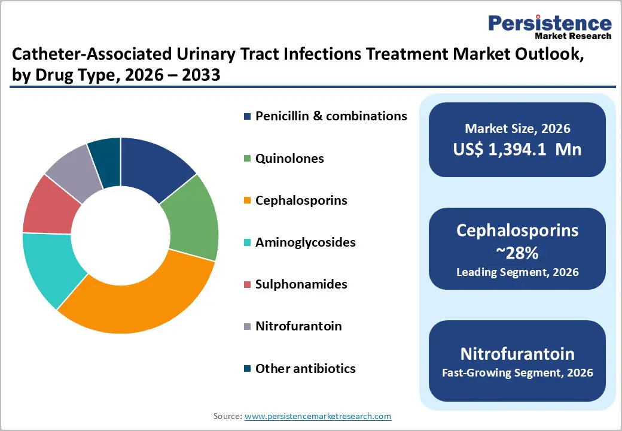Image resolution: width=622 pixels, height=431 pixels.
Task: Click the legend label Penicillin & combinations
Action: click(331, 116)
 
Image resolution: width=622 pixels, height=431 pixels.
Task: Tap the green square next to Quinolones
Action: click(247, 159)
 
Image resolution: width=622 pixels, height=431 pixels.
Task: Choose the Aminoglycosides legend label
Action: click(305, 242)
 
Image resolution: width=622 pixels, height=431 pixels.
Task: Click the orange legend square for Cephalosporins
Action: click(247, 201)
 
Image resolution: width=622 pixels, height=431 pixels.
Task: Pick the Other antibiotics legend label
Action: click(305, 369)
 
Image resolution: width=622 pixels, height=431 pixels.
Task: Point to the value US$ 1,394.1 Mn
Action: click(517, 149)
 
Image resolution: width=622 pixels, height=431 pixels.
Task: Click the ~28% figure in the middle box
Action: click(517, 253)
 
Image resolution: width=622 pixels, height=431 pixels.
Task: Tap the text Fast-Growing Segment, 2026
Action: click(517, 373)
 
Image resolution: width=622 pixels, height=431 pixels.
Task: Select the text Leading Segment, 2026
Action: click(517, 272)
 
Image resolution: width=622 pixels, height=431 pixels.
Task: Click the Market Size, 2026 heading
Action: click(517, 128)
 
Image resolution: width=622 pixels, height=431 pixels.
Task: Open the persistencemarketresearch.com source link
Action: click(318, 416)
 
